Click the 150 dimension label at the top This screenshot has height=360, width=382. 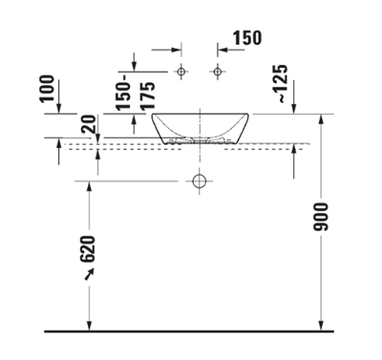click(246, 38)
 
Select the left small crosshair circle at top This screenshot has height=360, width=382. click(180, 73)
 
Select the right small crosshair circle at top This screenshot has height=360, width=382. click(218, 73)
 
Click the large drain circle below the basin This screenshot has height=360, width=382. click(200, 180)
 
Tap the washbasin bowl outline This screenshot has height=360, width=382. click(200, 128)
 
